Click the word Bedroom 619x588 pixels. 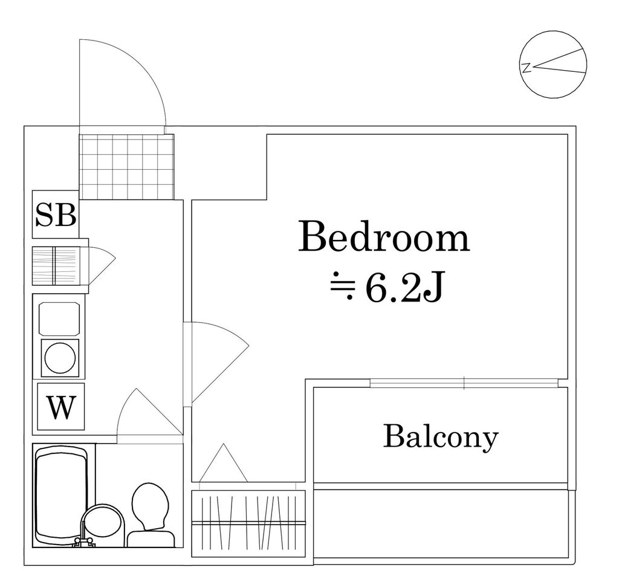pos(384,238)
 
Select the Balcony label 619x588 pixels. pos(441,436)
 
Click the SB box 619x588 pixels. pos(56,215)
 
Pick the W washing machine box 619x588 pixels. pos(60,407)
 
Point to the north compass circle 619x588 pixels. pos(553,64)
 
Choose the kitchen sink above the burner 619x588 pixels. pos(59,318)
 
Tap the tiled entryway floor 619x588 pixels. pos(126,166)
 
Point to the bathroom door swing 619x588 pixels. pos(148,411)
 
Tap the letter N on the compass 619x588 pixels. pos(527,67)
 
